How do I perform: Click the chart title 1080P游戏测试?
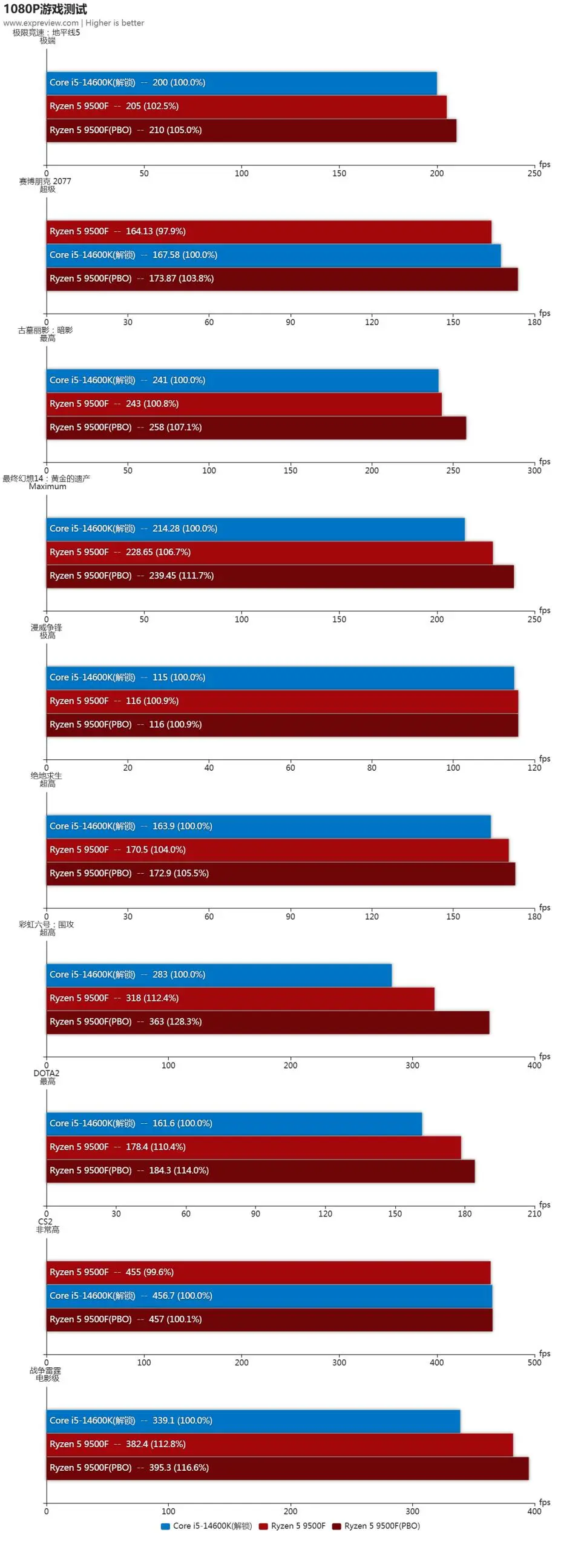pyautogui.click(x=45, y=9)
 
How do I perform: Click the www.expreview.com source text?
pyautogui.click(x=41, y=23)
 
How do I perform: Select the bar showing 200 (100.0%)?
pyautogui.click(x=241, y=83)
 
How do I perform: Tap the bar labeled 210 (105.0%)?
pyautogui.click(x=251, y=130)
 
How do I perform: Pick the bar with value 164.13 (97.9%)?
pyautogui.click(x=269, y=231)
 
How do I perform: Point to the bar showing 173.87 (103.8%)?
pyautogui.click(x=282, y=279)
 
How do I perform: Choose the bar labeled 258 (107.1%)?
pyautogui.click(x=256, y=427)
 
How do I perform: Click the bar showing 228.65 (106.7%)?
pyautogui.click(x=269, y=552)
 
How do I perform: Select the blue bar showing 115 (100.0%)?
pyautogui.click(x=280, y=678)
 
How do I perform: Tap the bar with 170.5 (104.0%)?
pyautogui.click(x=277, y=850)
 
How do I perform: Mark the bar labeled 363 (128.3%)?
pyautogui.click(x=268, y=1021)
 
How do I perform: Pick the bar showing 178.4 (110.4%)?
pyautogui.click(x=254, y=1147)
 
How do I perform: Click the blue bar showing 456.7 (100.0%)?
pyautogui.click(x=269, y=1296)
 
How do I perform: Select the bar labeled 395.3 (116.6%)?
pyautogui.click(x=287, y=1468)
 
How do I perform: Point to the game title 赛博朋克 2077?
pyautogui.click(x=45, y=181)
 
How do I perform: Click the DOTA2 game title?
pyautogui.click(x=46, y=1073)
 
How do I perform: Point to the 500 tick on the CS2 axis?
pyautogui.click(x=534, y=1362)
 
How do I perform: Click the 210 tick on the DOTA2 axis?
pyautogui.click(x=534, y=1213)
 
